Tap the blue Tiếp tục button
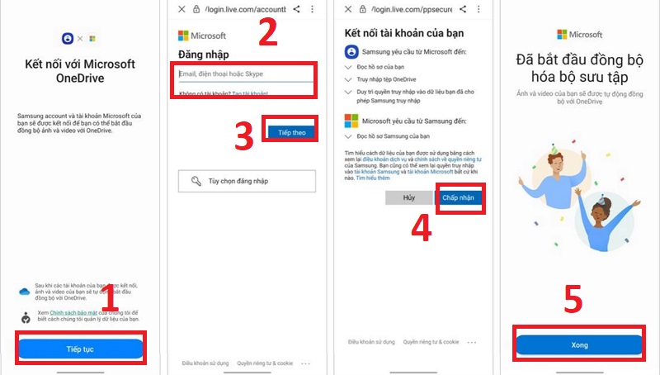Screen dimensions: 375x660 [x=80, y=349]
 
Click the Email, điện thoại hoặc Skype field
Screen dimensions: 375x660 [x=246, y=74]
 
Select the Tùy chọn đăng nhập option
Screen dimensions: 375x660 [x=247, y=181]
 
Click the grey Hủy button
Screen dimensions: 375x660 [x=408, y=198]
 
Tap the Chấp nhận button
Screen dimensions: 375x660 [x=460, y=198]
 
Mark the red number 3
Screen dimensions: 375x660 [x=244, y=137]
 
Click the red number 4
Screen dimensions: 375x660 [x=421, y=228]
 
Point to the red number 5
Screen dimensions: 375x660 [x=575, y=301]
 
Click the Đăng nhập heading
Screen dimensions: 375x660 [x=203, y=54]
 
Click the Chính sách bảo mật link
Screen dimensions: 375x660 [x=68, y=313]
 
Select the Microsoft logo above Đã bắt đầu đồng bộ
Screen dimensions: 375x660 [x=579, y=35]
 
